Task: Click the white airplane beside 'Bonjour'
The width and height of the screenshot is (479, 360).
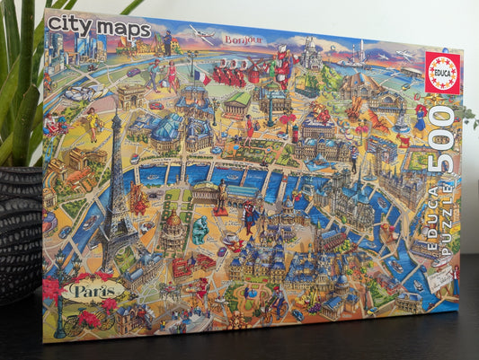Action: tap(203, 36)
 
